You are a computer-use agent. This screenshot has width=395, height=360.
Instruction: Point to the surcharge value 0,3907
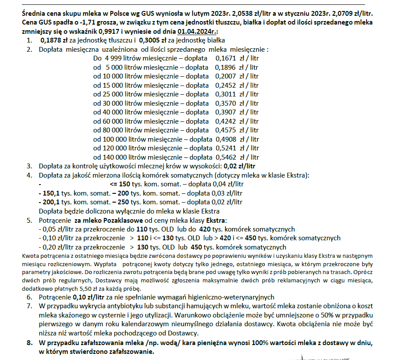(x=226, y=112)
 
